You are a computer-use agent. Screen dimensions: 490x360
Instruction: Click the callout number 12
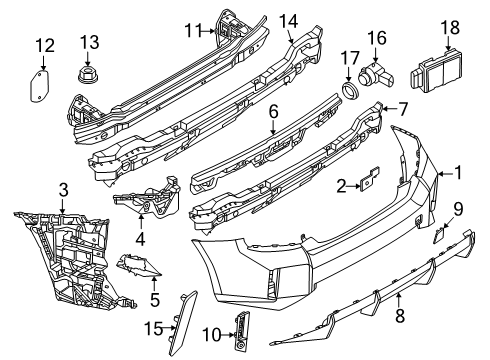tap(45, 46)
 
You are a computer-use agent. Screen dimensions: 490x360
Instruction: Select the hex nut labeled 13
tap(88, 74)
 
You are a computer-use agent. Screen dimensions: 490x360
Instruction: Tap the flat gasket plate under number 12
tap(39, 85)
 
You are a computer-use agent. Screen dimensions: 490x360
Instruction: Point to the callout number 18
tap(450, 27)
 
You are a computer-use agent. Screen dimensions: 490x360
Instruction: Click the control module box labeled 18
tap(435, 71)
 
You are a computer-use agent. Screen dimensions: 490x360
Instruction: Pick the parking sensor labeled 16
tap(376, 76)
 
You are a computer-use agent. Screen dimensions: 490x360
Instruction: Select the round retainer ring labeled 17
tap(350, 90)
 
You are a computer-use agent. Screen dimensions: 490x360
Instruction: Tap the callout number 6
tap(273, 112)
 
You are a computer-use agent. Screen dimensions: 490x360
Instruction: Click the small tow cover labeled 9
tap(438, 234)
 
